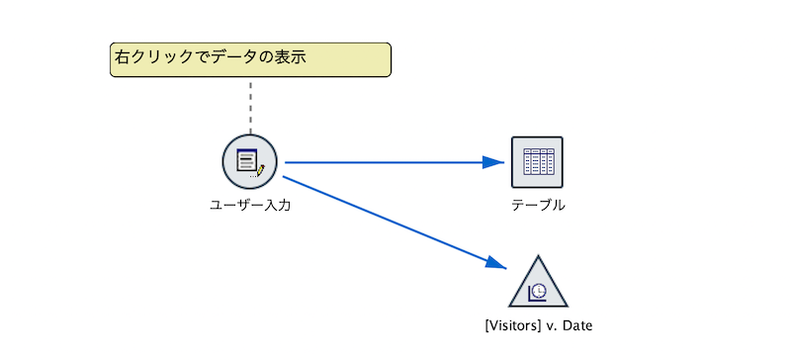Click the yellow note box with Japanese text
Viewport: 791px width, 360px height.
(250, 59)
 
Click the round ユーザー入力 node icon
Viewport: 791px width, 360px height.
(249, 162)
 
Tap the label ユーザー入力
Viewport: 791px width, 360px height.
(249, 206)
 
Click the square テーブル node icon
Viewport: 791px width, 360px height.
(537, 162)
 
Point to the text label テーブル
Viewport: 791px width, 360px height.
(538, 206)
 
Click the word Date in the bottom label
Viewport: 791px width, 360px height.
(575, 324)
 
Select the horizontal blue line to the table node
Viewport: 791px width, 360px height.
(386, 162)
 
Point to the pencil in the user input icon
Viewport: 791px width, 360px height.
(260, 170)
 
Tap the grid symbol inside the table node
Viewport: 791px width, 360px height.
(537, 161)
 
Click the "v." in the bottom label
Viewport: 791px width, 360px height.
(549, 324)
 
